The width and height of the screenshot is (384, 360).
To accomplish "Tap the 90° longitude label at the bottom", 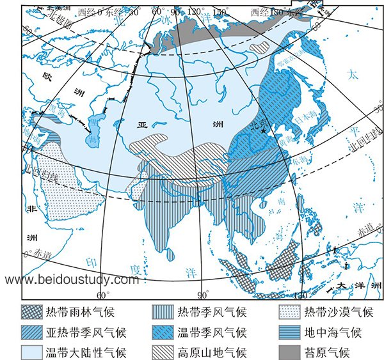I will pos(202,295).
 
